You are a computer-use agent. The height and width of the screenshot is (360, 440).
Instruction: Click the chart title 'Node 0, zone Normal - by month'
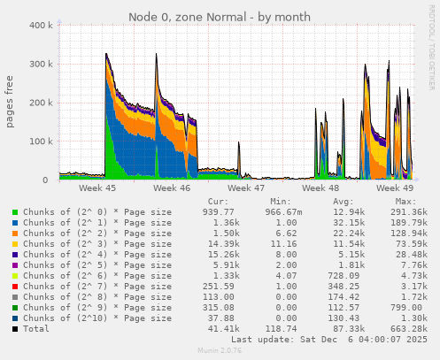(220, 17)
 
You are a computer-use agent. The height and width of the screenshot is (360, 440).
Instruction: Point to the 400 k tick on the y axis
(40, 26)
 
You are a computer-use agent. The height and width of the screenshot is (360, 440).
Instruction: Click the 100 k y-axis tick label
(40, 142)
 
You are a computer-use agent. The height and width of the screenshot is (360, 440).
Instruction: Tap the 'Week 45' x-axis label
(96, 188)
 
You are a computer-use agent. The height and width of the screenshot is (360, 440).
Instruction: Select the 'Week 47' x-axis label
(245, 188)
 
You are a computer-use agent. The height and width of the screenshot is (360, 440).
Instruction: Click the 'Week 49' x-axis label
(394, 188)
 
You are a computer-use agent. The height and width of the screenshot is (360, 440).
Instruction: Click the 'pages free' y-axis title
(11, 102)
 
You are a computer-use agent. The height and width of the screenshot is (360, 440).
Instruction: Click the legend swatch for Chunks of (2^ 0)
(15, 212)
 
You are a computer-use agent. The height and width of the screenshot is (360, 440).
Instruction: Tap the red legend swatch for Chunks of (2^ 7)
(15, 287)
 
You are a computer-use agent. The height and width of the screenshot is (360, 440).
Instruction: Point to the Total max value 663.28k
(407, 329)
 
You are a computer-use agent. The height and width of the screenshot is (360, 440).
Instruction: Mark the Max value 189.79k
(407, 223)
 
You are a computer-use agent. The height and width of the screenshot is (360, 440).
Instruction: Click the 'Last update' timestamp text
(329, 340)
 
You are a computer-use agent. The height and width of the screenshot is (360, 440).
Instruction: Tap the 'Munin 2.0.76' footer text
(220, 351)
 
